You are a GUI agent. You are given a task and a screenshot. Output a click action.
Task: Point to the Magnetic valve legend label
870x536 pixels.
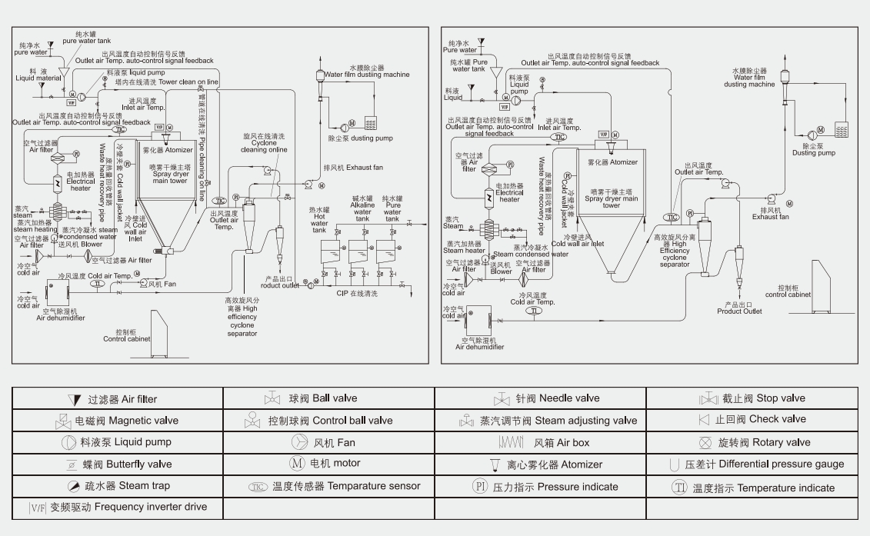click(126, 421)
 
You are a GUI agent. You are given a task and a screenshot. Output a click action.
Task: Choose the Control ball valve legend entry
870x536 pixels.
click(330, 421)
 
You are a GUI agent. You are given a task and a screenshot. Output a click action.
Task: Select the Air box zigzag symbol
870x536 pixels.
click(512, 443)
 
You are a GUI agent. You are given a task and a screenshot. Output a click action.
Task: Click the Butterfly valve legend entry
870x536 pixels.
click(127, 464)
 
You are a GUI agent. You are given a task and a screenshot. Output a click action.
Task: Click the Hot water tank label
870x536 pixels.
click(319, 219)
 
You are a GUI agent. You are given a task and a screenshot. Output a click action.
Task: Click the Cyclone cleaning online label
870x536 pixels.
click(264, 143)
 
